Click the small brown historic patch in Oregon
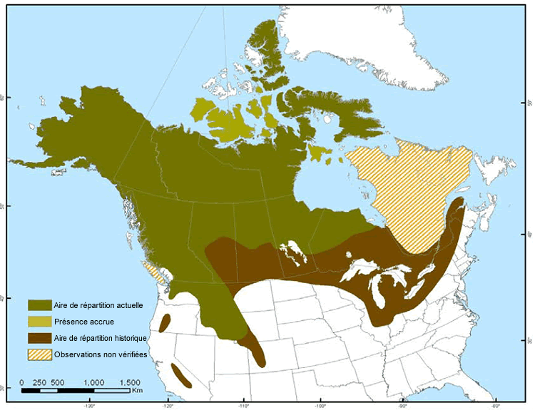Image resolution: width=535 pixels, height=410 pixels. [164, 324]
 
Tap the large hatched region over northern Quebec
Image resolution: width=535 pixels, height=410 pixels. [407, 193]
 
